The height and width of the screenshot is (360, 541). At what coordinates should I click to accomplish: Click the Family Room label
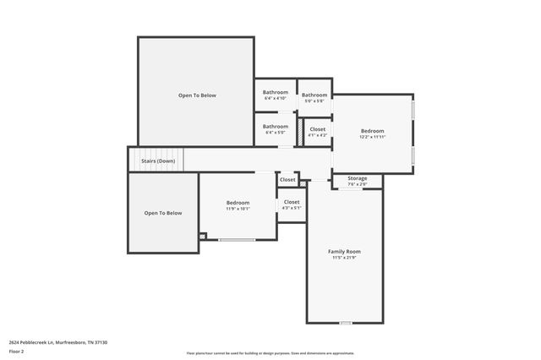[x=344, y=251]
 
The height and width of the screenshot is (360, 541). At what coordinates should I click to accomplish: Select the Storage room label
[x=357, y=178]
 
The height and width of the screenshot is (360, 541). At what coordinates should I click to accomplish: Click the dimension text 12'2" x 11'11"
[x=372, y=137]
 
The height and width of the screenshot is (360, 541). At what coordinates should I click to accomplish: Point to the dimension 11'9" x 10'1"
[x=238, y=209]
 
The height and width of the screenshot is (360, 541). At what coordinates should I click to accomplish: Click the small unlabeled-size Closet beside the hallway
[x=287, y=179]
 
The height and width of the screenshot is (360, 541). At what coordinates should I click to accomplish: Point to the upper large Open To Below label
[x=197, y=95]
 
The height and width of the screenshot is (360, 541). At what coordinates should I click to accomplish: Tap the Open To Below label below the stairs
[x=163, y=213]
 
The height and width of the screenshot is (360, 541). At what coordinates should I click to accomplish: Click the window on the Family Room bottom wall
[x=345, y=323]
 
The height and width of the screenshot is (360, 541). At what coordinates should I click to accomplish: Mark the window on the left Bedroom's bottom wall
[x=237, y=240]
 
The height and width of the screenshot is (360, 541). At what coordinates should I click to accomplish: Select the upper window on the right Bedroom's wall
[x=413, y=110]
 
